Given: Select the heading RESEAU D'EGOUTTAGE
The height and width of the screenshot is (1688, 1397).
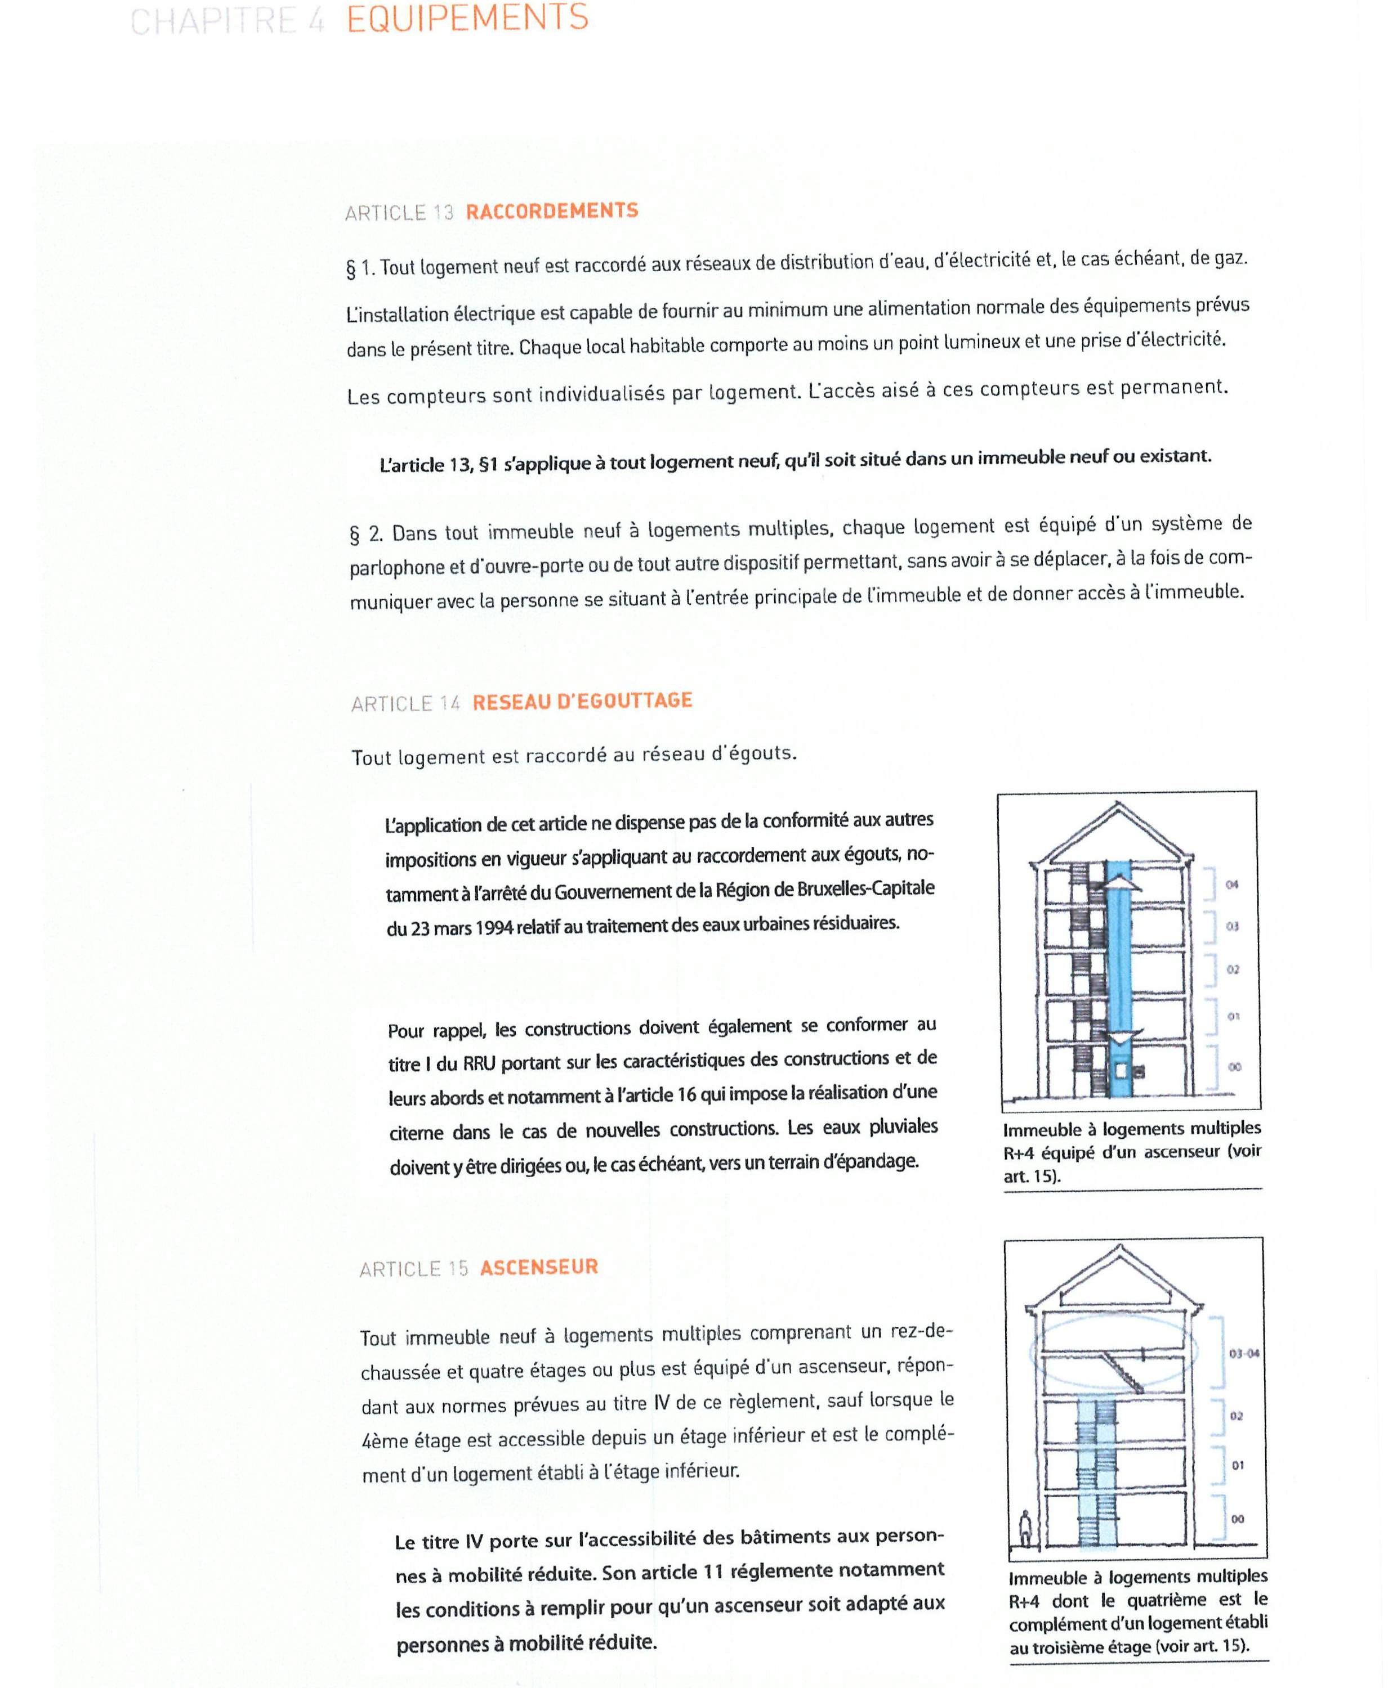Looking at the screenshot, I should pyautogui.click(x=582, y=701).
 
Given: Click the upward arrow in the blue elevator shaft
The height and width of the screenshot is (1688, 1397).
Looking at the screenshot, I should pyautogui.click(x=1119, y=883).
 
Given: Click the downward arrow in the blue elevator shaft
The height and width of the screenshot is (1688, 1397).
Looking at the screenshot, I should pyautogui.click(x=1119, y=1037).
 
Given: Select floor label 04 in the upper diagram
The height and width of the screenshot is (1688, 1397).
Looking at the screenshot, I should pyautogui.click(x=1231, y=885).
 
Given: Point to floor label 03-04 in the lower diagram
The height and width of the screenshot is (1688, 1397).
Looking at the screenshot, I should pyautogui.click(x=1243, y=1354).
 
